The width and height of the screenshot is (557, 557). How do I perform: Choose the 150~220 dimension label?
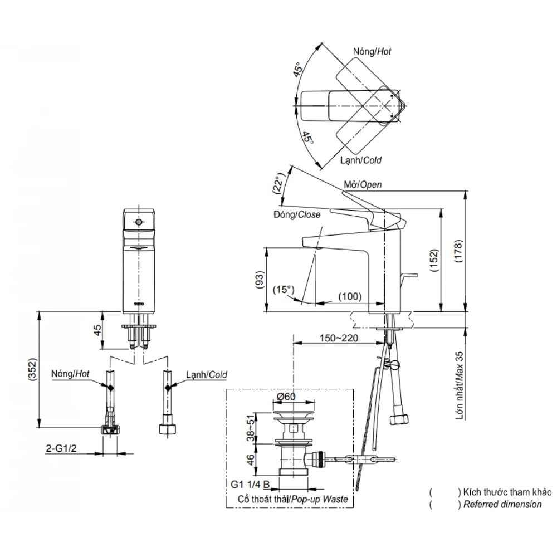point(339,338)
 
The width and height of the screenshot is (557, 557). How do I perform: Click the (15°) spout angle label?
point(284,290)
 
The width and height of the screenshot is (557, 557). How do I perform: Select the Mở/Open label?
point(363,185)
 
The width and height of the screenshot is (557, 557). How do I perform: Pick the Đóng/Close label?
point(297,214)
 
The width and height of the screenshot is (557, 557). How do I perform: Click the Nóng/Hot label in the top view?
point(372,51)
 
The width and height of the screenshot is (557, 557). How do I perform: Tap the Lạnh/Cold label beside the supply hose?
point(207,375)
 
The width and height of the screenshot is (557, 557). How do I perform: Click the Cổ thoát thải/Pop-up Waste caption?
point(292,499)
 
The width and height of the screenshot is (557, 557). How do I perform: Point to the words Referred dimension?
point(502,504)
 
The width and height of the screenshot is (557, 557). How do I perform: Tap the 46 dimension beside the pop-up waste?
point(252,460)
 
